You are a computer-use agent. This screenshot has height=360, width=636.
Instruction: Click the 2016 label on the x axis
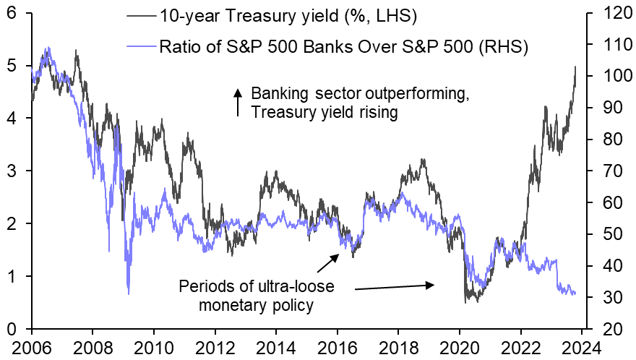point(338,346)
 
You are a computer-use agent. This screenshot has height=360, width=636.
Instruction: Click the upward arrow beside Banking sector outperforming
point(236,102)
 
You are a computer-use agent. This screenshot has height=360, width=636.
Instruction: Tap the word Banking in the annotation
point(278,94)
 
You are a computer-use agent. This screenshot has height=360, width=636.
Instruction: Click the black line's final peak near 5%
point(575,67)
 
